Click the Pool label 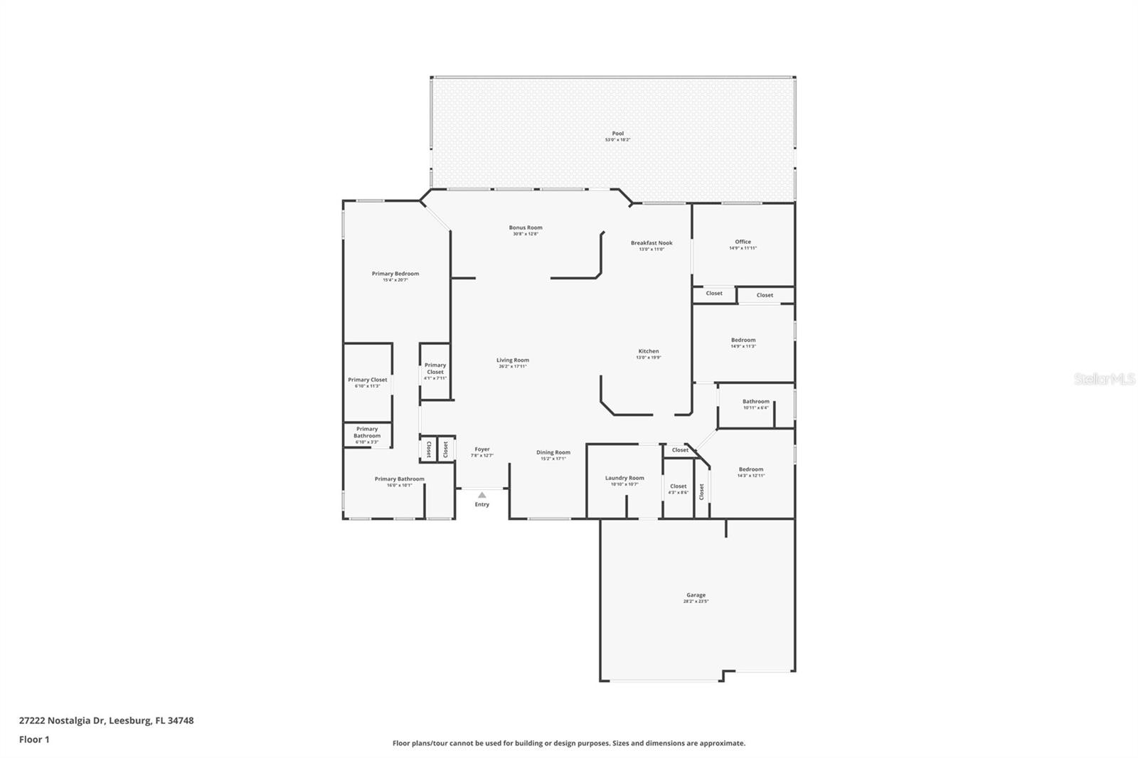(x=617, y=136)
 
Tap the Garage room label (x=696, y=597)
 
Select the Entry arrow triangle (x=482, y=495)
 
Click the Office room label (x=743, y=244)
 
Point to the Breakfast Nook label (x=651, y=245)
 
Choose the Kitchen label (x=648, y=353)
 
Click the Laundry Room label (x=624, y=480)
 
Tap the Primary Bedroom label (x=395, y=276)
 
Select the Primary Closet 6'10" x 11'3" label (x=368, y=382)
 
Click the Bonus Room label (x=525, y=230)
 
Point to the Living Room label (x=512, y=363)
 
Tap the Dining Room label (x=553, y=454)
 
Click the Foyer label (x=482, y=452)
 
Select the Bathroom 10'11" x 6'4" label (x=755, y=404)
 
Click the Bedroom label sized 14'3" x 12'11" (x=750, y=471)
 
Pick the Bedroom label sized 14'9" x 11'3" (x=743, y=342)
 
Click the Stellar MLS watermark (x=1104, y=380)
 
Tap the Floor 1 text (x=34, y=740)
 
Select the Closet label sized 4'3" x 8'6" (x=678, y=489)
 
